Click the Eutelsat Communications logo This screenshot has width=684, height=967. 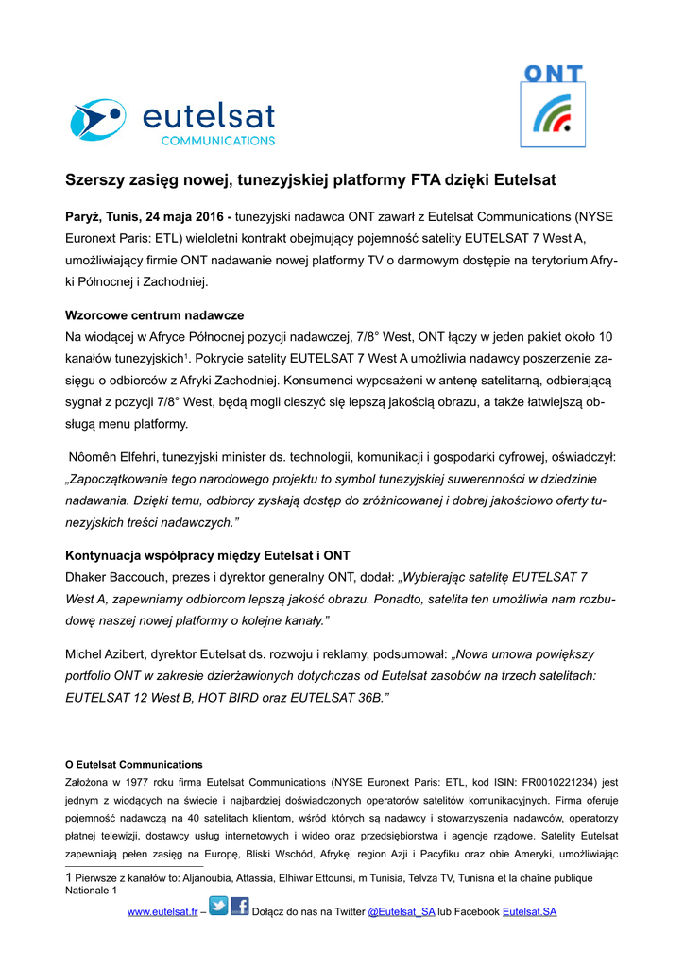172,122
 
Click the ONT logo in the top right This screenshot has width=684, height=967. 554,107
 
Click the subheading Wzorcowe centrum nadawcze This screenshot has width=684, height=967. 155,315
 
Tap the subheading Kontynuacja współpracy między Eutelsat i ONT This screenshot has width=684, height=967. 208,554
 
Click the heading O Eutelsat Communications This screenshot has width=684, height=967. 133,764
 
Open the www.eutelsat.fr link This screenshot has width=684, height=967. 162,911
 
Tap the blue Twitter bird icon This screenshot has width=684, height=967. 218,908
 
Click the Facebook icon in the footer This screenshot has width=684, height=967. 240,908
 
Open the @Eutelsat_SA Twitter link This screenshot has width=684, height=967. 401,911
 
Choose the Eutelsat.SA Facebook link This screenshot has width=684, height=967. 529,911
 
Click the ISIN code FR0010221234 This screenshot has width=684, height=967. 549,782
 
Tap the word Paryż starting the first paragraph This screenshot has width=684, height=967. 82,216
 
